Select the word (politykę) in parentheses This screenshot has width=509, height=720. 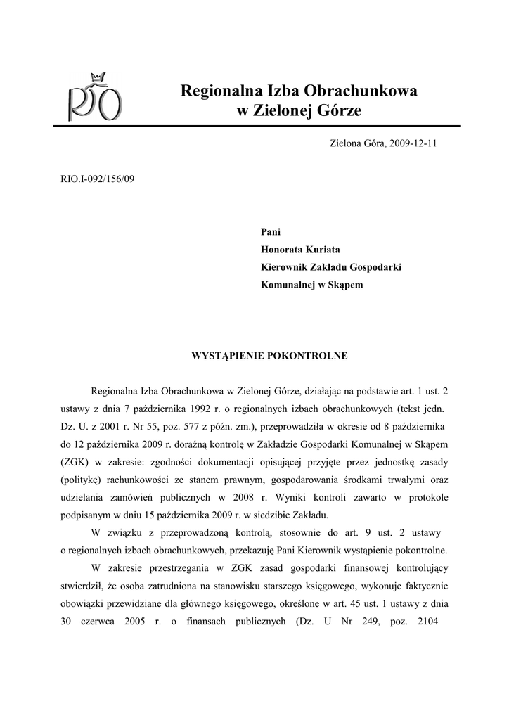(x=86, y=479)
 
